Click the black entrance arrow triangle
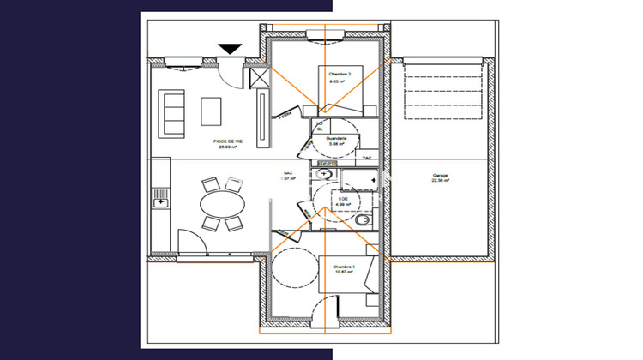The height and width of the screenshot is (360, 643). pos(231,49)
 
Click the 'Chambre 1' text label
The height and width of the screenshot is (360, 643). pos(344,267)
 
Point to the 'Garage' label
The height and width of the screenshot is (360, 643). pos(441,174)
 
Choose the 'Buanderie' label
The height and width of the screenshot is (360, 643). pos(337,138)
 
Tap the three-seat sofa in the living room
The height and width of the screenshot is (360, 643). pos(171,113)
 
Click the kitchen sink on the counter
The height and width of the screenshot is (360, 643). pos(159,202)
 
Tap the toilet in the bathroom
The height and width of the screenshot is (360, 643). pos(364,219)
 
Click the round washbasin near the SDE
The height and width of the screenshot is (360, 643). pos(324,173)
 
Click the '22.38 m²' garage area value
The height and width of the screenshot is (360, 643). pos(441,181)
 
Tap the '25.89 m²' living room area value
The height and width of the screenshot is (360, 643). pos(226,147)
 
